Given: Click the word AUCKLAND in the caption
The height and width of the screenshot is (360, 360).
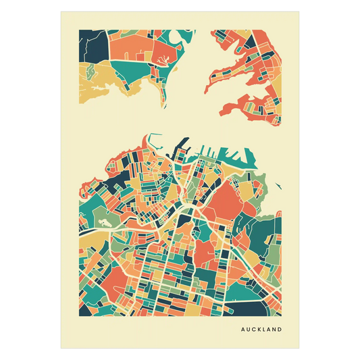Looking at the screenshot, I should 261,330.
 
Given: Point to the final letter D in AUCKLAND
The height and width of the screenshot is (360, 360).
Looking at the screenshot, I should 280,330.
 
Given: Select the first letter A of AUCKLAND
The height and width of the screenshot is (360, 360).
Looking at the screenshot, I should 242,330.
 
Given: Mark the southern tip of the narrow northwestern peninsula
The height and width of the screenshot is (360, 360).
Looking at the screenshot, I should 163,105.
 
